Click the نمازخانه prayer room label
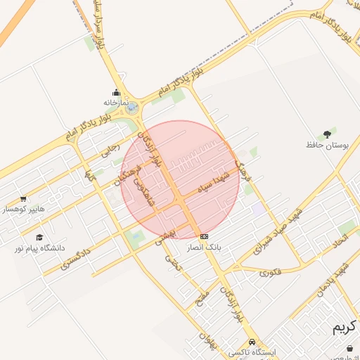point(116,103)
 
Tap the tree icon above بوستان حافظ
point(327,134)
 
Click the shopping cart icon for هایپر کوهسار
point(23,199)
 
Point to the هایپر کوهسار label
point(23,210)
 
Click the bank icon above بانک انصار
point(205,237)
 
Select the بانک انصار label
point(205,248)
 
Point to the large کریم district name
point(345,328)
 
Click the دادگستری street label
point(75,257)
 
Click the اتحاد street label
point(340,241)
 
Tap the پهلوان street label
point(205,342)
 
